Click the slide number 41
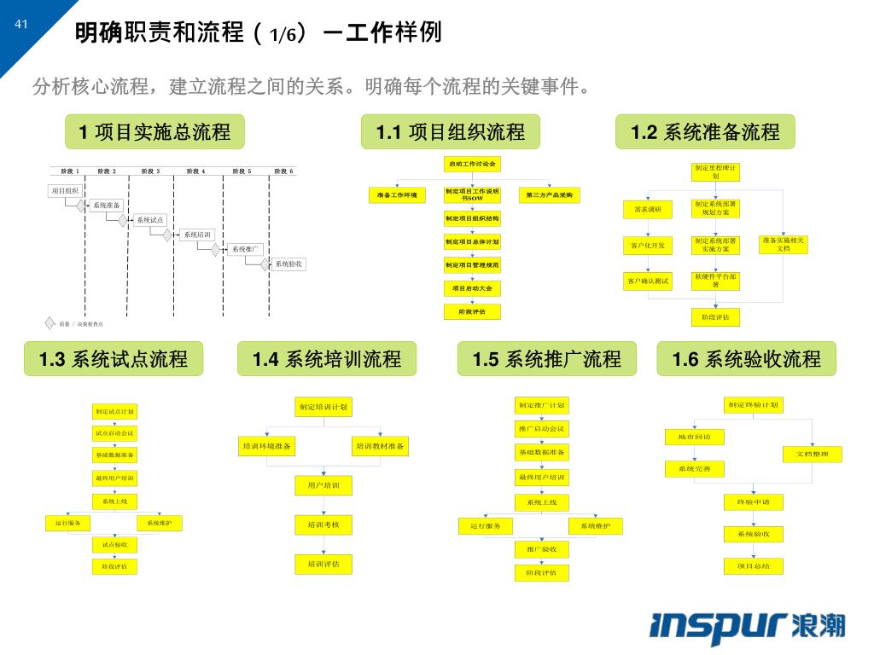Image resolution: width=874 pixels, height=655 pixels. [x=21, y=24]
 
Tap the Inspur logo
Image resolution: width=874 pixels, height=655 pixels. [x=747, y=625]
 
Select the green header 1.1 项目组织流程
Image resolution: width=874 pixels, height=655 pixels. [x=451, y=132]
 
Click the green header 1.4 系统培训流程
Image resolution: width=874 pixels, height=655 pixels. [x=327, y=359]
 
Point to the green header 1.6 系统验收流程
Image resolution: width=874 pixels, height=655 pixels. [x=746, y=359]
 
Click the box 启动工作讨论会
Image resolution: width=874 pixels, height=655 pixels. [x=473, y=164]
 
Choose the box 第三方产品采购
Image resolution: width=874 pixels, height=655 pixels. [x=549, y=195]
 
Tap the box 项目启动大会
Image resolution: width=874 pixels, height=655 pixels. [x=473, y=288]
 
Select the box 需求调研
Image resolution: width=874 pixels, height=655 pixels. [x=649, y=210]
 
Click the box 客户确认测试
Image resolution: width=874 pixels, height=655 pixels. [x=649, y=281]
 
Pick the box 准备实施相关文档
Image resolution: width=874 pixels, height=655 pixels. [x=784, y=245]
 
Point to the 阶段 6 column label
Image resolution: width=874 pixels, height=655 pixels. [x=283, y=171]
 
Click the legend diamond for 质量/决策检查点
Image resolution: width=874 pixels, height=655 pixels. [x=50, y=322]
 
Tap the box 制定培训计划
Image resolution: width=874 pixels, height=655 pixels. [x=323, y=407]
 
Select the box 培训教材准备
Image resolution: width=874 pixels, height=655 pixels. [x=381, y=446]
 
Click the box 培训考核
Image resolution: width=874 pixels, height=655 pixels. [x=323, y=525]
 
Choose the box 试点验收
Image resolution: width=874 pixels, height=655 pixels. [x=114, y=544]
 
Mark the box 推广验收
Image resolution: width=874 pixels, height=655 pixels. [x=541, y=549]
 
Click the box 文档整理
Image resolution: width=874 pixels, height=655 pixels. [x=813, y=455]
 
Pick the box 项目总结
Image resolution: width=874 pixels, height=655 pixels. [x=753, y=565]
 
